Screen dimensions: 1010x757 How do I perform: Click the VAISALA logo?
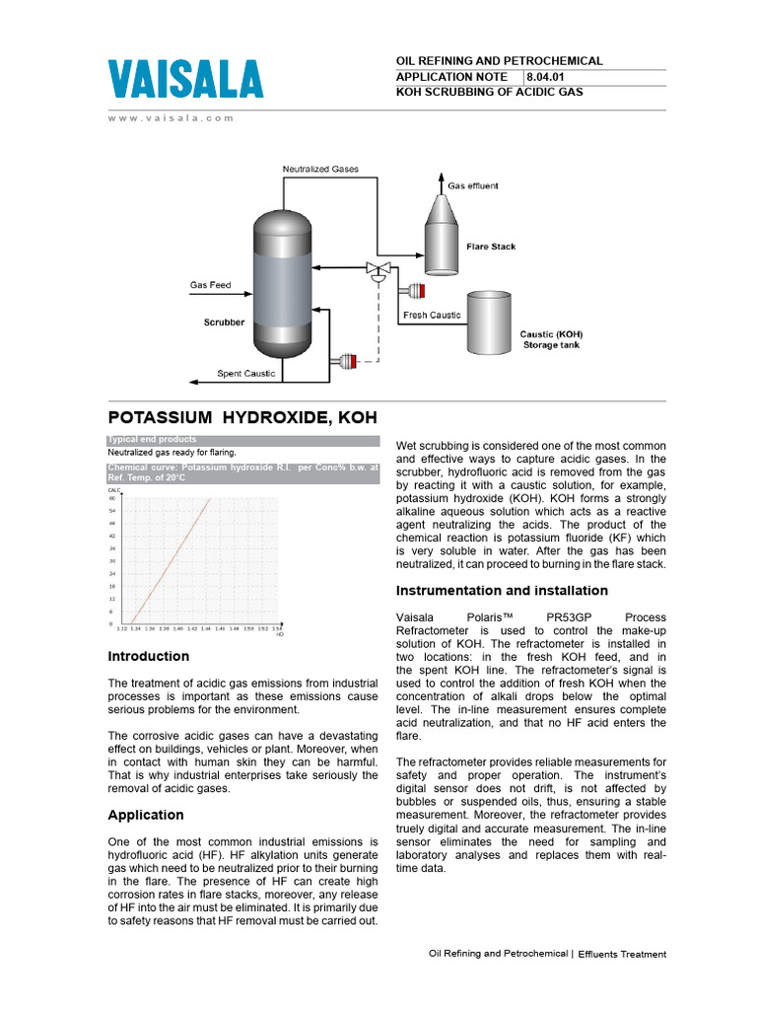(x=184, y=81)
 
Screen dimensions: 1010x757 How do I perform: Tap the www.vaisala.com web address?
(x=171, y=117)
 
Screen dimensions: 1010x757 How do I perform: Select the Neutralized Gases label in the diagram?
(x=320, y=169)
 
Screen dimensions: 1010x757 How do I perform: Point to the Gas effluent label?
(x=473, y=185)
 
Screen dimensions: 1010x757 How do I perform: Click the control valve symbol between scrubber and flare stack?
(x=377, y=269)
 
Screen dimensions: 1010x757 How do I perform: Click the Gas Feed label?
(x=210, y=286)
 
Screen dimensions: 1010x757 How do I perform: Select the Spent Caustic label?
(x=246, y=374)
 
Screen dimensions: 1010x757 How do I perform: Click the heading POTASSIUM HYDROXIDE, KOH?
(x=241, y=417)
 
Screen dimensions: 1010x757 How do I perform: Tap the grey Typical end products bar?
(x=241, y=440)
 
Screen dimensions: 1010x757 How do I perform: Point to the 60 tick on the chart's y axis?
(x=111, y=499)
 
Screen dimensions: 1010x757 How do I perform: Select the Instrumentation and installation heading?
(x=502, y=591)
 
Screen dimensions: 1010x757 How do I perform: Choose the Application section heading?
(x=145, y=815)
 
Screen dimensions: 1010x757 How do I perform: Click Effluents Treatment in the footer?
(x=622, y=954)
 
